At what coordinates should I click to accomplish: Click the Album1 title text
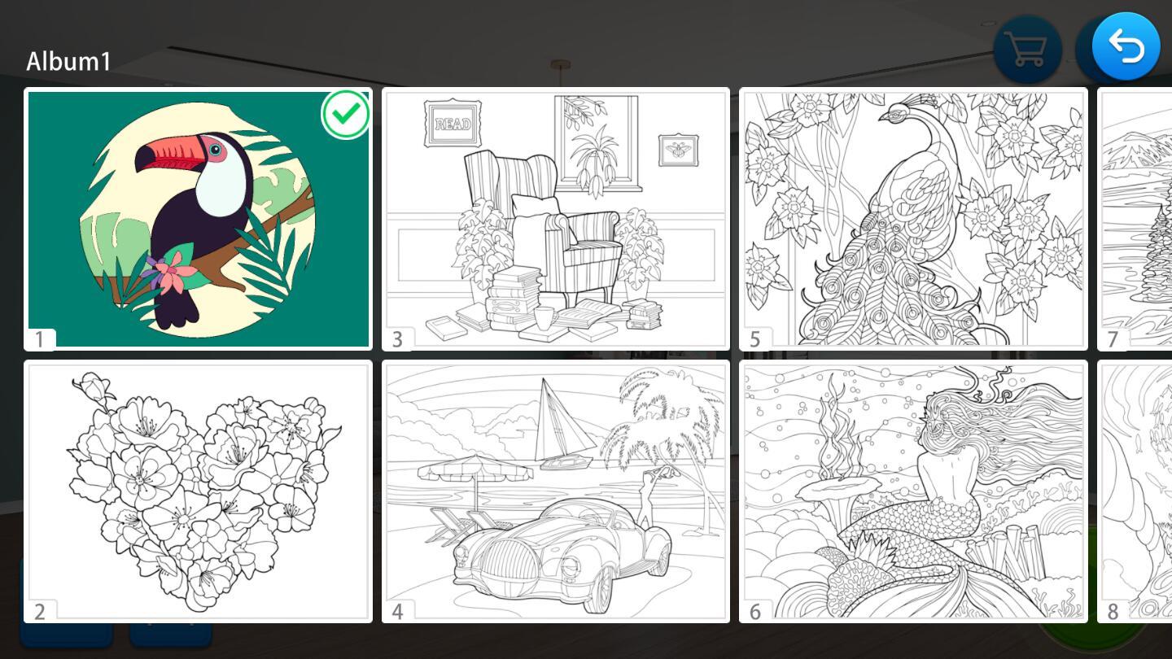(68, 61)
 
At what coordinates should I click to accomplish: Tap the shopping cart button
(1027, 50)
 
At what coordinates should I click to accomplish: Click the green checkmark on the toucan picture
(346, 114)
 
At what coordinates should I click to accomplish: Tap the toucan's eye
(215, 150)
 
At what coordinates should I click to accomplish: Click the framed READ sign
(453, 124)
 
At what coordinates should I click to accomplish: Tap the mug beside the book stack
(544, 317)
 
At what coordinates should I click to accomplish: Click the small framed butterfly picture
(678, 150)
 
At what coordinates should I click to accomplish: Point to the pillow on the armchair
(535, 205)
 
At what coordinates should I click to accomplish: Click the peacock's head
(897, 112)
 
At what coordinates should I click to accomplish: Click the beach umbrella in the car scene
(475, 468)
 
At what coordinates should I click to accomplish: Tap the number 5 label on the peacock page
(754, 339)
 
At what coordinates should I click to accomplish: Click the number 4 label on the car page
(397, 612)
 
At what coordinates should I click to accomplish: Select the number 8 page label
(1113, 612)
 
